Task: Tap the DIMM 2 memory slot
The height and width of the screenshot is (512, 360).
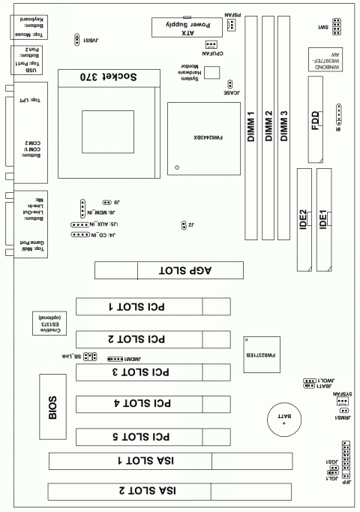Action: (268, 128)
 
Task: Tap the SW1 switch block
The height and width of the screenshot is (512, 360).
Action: (337, 28)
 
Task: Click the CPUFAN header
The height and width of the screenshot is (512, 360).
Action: (211, 44)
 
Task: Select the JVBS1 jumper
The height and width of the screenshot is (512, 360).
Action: (78, 39)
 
